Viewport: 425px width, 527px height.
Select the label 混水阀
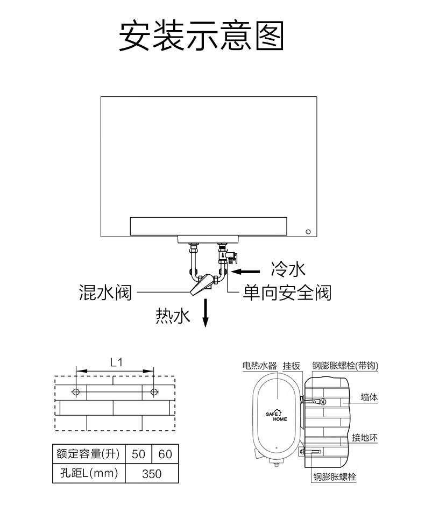[105, 293]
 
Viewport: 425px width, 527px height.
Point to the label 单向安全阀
[287, 293]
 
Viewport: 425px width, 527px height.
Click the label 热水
[173, 317]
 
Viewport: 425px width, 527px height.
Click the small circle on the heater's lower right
[308, 232]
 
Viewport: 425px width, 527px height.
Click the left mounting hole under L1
[76, 392]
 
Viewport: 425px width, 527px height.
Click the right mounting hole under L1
[154, 392]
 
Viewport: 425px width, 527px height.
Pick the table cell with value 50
[138, 454]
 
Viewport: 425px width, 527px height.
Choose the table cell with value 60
[165, 454]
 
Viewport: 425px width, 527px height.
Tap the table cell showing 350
[152, 474]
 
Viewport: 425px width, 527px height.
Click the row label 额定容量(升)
[89, 454]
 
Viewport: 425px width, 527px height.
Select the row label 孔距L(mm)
[89, 474]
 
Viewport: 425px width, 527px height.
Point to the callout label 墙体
[369, 397]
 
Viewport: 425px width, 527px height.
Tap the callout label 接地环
[365, 438]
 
